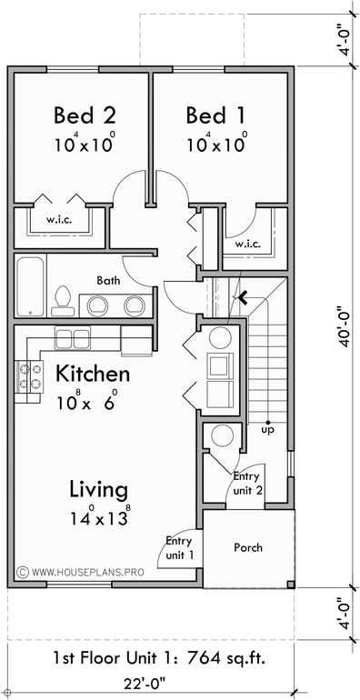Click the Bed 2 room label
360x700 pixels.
point(85,115)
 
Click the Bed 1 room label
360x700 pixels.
point(216,115)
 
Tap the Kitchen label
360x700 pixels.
point(93,374)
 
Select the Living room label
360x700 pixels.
point(98,489)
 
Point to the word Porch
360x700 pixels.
point(248,547)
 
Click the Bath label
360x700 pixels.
point(109,281)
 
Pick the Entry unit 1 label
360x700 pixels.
point(178,546)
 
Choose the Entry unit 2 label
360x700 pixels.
point(247,483)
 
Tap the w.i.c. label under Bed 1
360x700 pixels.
point(247,244)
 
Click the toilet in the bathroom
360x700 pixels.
point(62,299)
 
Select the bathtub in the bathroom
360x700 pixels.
point(33,286)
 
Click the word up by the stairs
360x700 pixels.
point(268,429)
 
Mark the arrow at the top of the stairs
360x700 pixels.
point(240,294)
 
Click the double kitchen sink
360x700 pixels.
point(72,339)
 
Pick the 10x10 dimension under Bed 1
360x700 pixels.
point(216,144)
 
